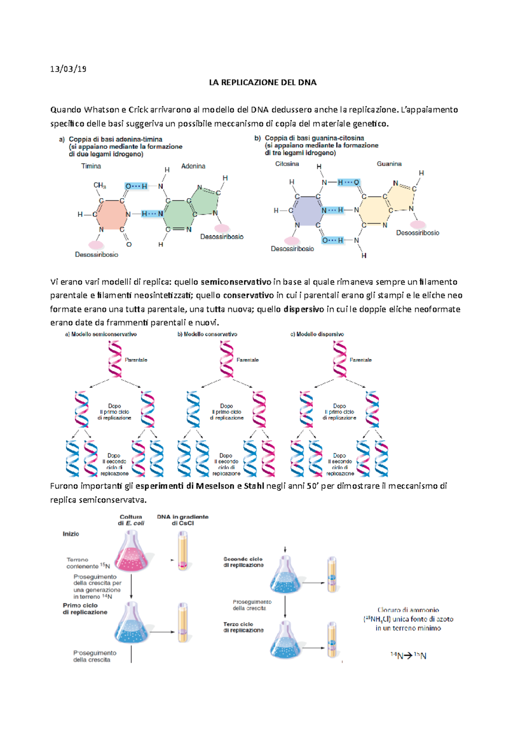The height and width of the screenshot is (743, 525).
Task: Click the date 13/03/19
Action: (68, 69)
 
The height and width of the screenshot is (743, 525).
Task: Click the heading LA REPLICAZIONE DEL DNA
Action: (262, 82)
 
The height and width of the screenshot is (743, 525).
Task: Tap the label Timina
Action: (91, 166)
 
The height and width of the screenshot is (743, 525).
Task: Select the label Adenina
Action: (193, 166)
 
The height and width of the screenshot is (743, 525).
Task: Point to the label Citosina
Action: (287, 164)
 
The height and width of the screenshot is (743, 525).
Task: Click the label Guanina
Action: (389, 164)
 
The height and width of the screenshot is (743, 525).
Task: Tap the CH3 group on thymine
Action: (100, 186)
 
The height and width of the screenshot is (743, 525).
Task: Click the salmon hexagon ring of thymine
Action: (112, 214)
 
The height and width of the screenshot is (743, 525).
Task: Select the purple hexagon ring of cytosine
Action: (307, 210)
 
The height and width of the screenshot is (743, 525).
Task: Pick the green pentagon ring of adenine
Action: (205, 200)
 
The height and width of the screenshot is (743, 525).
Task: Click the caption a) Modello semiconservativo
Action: (101, 334)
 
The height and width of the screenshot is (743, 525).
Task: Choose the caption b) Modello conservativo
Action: (207, 334)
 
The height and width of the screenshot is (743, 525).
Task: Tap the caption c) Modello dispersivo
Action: (317, 334)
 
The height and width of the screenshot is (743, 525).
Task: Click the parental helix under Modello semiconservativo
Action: (115, 359)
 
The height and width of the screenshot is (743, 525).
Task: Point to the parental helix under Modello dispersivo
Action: (339, 359)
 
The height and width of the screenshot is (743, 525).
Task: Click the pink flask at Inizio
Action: (131, 554)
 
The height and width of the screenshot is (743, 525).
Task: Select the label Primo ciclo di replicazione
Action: (85, 609)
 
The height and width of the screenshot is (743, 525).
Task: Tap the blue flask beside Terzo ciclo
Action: (285, 641)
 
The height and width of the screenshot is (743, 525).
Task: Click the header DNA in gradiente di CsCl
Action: (182, 520)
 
